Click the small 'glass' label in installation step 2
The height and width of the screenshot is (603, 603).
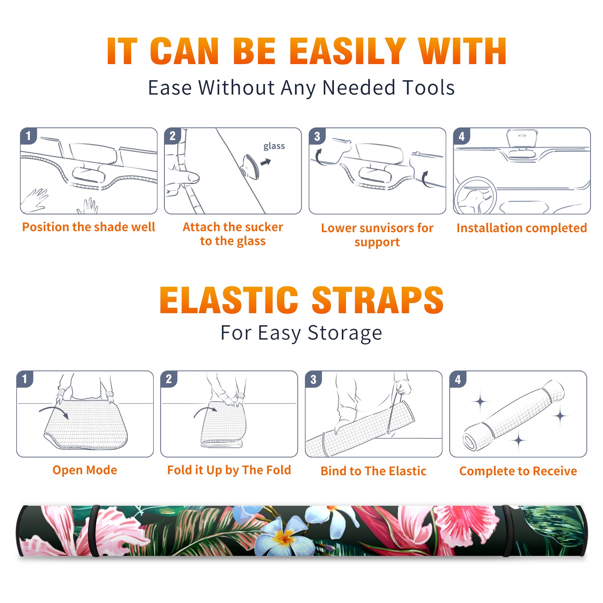pyautogui.click(x=274, y=146)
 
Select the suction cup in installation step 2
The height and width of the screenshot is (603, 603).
pyautogui.click(x=251, y=166)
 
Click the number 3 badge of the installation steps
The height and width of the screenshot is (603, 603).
pyautogui.click(x=317, y=136)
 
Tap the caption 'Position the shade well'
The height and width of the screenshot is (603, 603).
pyautogui.click(x=89, y=227)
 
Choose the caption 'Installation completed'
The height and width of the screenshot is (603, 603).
pyautogui.click(x=522, y=228)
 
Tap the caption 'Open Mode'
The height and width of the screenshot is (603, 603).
pyautogui.click(x=85, y=470)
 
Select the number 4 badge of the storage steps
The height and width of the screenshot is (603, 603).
pyautogui.click(x=458, y=379)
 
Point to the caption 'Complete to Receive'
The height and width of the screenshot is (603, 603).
pyautogui.click(x=518, y=471)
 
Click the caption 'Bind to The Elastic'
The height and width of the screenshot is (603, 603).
pyautogui.click(x=373, y=471)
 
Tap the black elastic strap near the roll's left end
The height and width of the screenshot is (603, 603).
pyautogui.click(x=93, y=531)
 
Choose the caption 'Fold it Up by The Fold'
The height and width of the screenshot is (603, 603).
pyautogui.click(x=229, y=470)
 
